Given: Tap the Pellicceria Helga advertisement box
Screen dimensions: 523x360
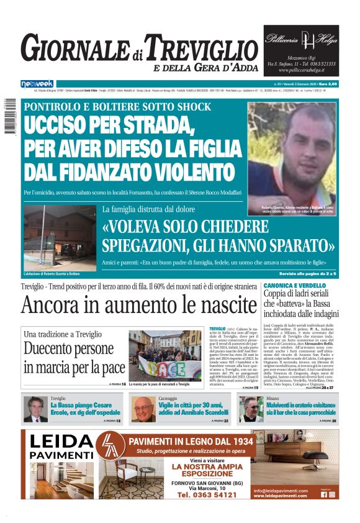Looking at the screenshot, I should pos(302,50).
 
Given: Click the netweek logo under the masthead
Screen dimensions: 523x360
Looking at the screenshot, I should pos(37,83).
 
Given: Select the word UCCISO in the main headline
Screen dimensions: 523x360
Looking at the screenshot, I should pos(68,127).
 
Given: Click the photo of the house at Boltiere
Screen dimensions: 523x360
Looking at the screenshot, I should pos(59,235).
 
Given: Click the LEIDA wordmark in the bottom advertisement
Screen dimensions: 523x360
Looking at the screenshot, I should pos(60,442).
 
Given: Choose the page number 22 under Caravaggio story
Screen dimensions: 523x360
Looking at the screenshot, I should pos(226,421).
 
